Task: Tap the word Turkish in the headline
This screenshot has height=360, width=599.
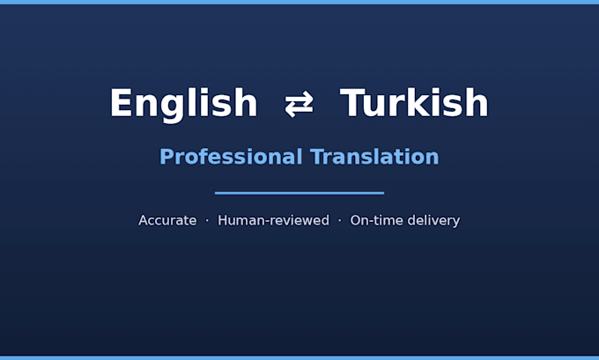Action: coord(414,102)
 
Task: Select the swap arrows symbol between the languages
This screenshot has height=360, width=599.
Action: coord(299,104)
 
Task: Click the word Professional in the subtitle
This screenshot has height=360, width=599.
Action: coord(231,157)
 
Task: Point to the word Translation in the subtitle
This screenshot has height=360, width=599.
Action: coord(374,157)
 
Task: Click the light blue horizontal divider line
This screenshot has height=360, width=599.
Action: coord(299,193)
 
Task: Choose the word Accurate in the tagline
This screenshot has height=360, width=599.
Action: coord(167,220)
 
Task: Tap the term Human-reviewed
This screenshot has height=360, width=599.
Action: coord(273,220)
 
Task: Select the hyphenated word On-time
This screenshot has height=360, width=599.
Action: coord(375,220)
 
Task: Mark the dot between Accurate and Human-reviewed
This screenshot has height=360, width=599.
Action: coord(207,220)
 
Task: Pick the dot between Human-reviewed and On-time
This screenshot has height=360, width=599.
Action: coord(340,220)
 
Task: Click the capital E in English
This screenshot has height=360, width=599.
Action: coord(121,102)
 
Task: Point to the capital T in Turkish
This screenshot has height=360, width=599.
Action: coord(352,102)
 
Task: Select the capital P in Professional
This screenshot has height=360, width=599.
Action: coord(166,157)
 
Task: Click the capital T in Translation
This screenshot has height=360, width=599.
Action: coord(317,157)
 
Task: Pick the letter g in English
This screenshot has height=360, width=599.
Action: coord(172,109)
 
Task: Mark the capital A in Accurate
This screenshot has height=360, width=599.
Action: coord(144,220)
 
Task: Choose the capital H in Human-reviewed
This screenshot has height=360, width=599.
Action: coord(222,220)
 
